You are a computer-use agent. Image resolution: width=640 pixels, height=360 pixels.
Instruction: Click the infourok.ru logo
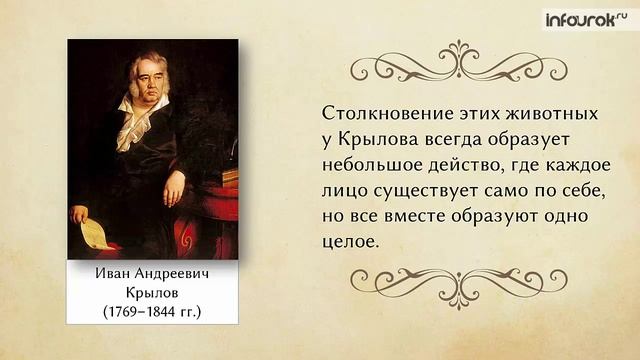[x=587, y=19]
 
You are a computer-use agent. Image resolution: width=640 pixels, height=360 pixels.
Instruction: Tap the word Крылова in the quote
[x=379, y=140]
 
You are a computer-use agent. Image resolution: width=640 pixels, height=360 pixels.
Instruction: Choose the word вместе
[x=415, y=216]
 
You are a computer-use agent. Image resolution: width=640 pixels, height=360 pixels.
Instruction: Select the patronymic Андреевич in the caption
[x=171, y=273]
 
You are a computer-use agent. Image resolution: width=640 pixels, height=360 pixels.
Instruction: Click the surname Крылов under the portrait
[x=152, y=293]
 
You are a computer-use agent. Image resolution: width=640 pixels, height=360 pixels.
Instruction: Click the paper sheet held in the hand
[x=96, y=234]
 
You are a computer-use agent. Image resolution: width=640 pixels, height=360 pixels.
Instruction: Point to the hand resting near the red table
[x=174, y=188]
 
